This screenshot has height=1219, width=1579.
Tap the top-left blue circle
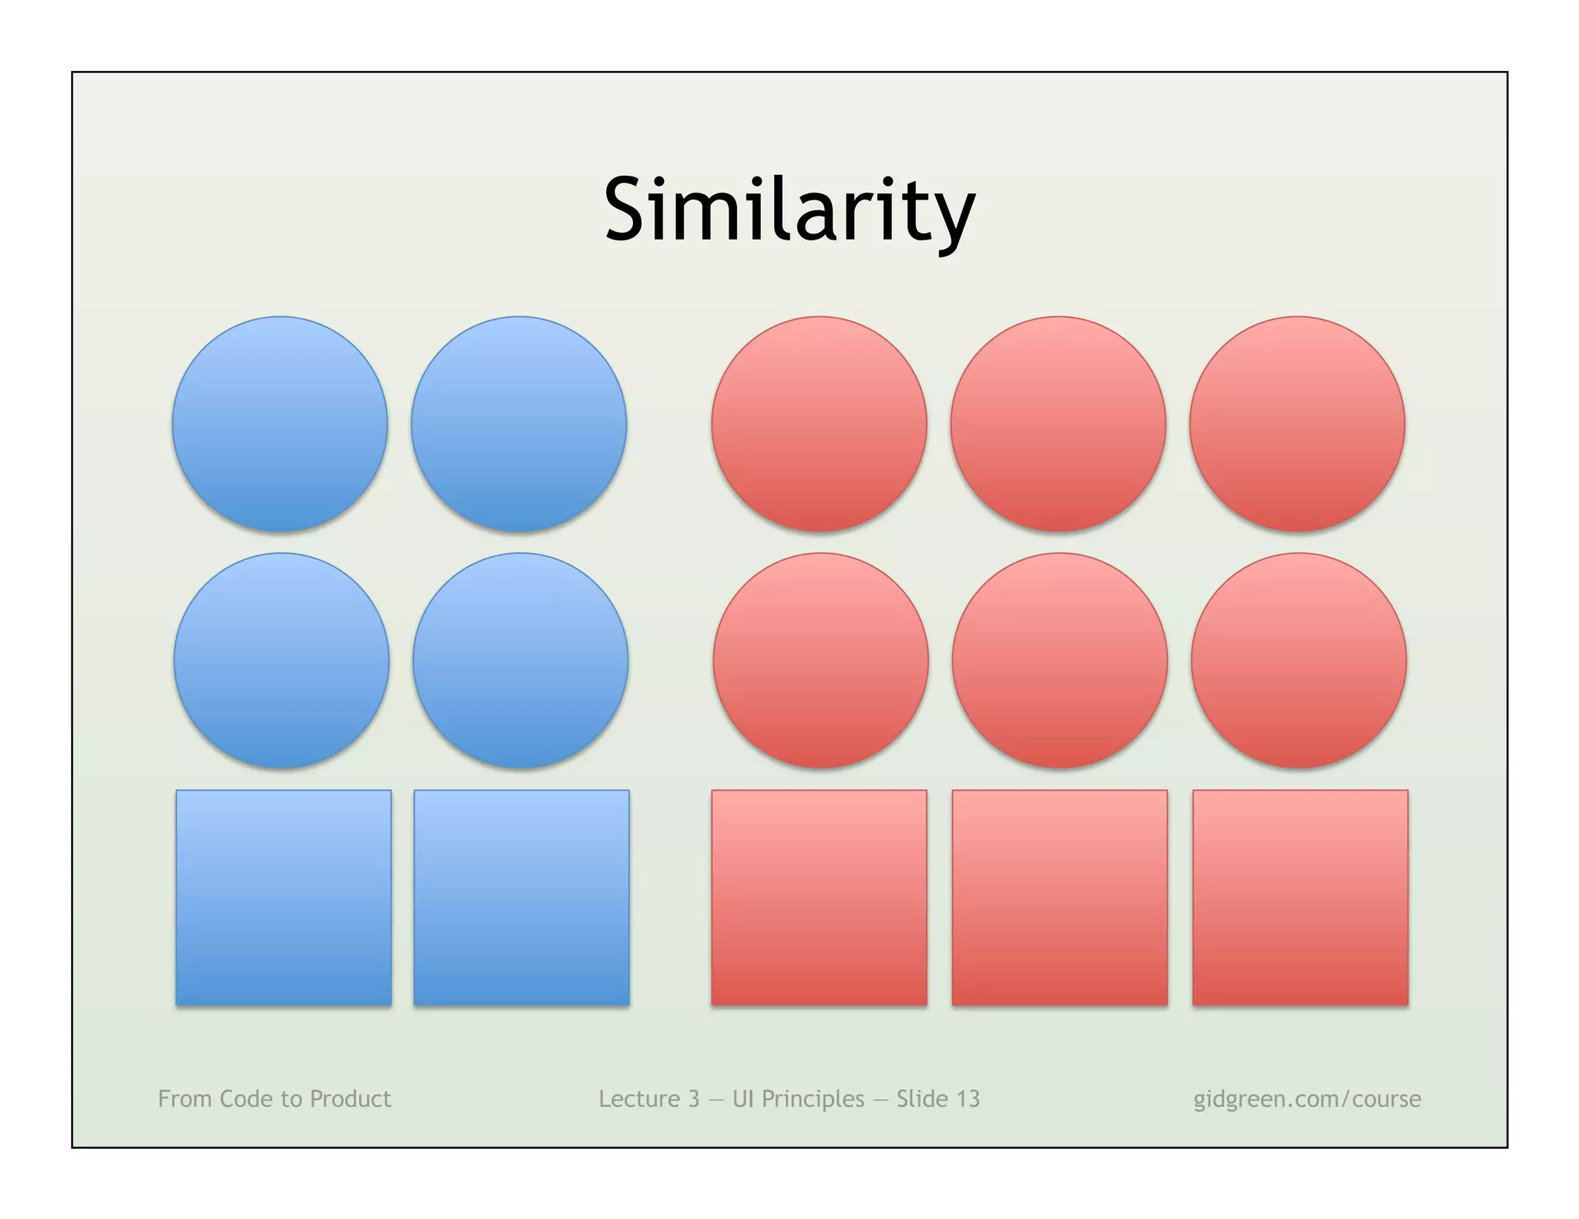coord(280,424)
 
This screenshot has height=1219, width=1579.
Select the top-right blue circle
coord(519,424)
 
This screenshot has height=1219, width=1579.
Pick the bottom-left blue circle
coord(281,660)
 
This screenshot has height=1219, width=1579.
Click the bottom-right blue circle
coord(520,660)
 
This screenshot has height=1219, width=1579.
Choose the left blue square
coord(284,898)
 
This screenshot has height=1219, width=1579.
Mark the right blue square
coord(521,898)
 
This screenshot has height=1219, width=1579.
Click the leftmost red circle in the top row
coord(820,424)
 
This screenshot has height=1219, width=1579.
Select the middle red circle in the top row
coord(1059,424)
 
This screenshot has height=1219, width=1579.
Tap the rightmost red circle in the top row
coord(1298,424)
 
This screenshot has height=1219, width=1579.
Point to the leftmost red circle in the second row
coord(821,660)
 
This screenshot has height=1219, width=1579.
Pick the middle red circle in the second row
coord(1060,660)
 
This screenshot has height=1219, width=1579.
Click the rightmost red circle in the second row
coord(1299,660)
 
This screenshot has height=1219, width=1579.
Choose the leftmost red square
coord(819,898)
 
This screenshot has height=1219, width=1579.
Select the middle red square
coord(1059,898)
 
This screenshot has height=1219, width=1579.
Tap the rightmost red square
coord(1300,898)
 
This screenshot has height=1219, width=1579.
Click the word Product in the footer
coord(350,1099)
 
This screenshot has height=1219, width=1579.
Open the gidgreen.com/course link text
coord(1307,1099)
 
